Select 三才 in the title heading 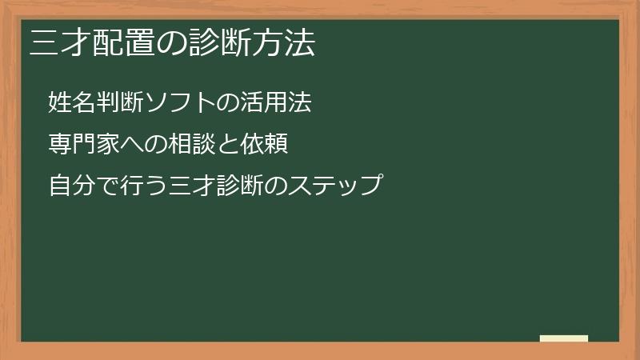click(x=58, y=42)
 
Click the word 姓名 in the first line click(x=72, y=102)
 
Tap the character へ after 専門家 click(x=132, y=145)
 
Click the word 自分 click(x=72, y=186)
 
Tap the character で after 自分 click(x=108, y=186)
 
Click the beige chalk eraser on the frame click(x=564, y=338)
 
